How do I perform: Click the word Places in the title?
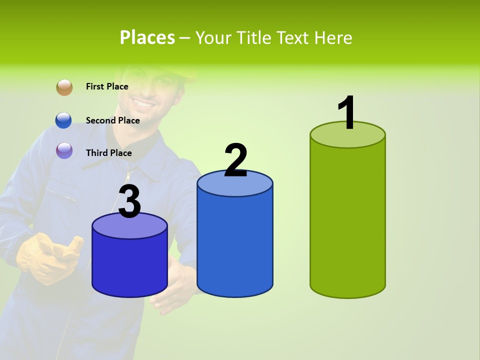pos(147,37)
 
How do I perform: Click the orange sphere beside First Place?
pos(64,87)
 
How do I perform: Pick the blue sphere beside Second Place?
pos(64,120)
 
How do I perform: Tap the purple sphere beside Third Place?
pos(64,150)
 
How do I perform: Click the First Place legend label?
pos(107,86)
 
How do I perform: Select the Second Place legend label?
pos(112,120)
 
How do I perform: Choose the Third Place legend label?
pos(108,153)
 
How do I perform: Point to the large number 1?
pos(347,113)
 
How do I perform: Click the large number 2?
pos(235,160)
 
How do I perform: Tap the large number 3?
pos(129,202)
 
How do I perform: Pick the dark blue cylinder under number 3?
pos(129,265)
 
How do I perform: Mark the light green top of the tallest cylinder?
pos(347,134)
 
